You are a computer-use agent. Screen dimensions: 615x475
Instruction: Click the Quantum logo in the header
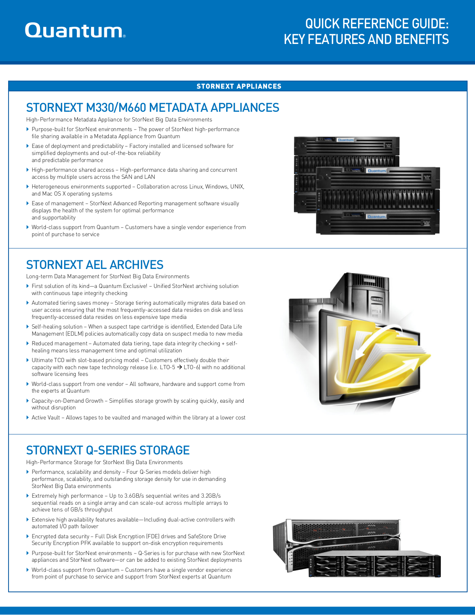click(x=75, y=31)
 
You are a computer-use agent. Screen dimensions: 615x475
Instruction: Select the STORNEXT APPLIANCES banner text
click(x=239, y=86)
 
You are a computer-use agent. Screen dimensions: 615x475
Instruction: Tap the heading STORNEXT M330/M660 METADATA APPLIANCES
click(x=152, y=108)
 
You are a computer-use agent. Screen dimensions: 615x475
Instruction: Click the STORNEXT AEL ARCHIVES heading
click(x=95, y=265)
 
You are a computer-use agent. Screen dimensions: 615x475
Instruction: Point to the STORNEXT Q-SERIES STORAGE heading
click(x=108, y=450)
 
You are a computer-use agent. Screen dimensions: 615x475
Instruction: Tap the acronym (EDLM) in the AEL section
click(x=75, y=334)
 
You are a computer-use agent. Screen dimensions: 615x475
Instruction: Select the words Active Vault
click(x=45, y=418)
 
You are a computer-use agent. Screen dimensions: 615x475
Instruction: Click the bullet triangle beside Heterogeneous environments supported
click(x=28, y=187)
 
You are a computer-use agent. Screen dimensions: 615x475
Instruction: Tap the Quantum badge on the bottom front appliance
click(x=376, y=216)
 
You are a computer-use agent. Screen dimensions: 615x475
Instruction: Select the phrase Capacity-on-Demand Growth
click(x=67, y=401)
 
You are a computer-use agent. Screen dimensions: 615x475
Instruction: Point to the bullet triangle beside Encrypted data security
click(x=28, y=536)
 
